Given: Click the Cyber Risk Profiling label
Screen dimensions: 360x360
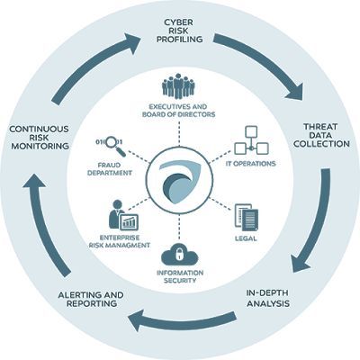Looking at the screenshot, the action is tap(179, 31).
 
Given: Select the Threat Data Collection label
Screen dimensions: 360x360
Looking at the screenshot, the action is tap(321, 135).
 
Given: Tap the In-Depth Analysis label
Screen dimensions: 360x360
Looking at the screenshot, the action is tap(268, 298).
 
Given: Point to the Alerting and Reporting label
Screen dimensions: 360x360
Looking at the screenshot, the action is tap(91, 299).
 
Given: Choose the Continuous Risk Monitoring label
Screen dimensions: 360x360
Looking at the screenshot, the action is tap(39, 138).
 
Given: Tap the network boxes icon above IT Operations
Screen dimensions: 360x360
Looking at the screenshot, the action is tap(251, 141).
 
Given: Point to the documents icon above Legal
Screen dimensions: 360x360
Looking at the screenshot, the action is tap(246, 217).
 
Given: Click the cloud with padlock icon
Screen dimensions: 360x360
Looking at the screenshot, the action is tap(180, 255).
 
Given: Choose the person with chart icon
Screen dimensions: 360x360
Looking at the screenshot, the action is tap(123, 215).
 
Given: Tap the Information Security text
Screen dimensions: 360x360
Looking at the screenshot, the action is tap(180, 276).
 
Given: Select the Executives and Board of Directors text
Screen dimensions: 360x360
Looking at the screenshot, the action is tap(178, 111).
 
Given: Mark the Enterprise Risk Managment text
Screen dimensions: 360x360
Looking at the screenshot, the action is tap(120, 241).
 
